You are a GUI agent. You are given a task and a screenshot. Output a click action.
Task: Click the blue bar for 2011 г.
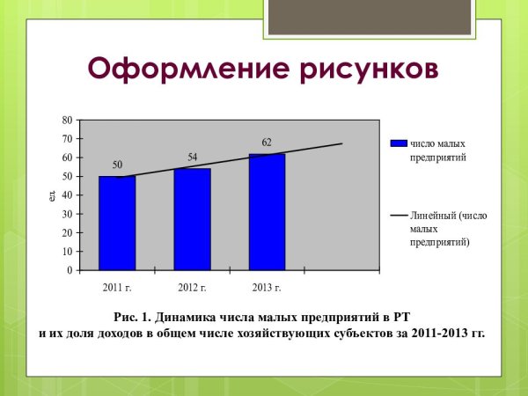click(x=117, y=224)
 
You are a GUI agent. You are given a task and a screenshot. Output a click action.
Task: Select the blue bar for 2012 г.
click(x=192, y=219)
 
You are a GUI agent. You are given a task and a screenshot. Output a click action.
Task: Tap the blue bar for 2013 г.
click(x=267, y=212)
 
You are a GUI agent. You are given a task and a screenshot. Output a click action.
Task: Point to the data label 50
click(x=117, y=165)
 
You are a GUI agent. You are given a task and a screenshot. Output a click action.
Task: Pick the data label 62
click(x=268, y=142)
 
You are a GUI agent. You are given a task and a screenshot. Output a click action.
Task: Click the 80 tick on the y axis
click(x=67, y=120)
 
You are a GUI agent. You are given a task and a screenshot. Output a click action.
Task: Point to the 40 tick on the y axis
click(x=67, y=195)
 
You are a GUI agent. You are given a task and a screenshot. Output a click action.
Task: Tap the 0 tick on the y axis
click(x=70, y=270)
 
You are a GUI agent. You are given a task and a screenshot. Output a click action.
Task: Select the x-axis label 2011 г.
click(x=117, y=288)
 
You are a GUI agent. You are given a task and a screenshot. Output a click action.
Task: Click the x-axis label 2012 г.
click(x=192, y=288)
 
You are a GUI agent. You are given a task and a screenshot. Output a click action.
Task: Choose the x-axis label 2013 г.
click(x=267, y=288)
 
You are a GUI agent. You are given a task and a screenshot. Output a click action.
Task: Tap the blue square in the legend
click(x=398, y=143)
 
